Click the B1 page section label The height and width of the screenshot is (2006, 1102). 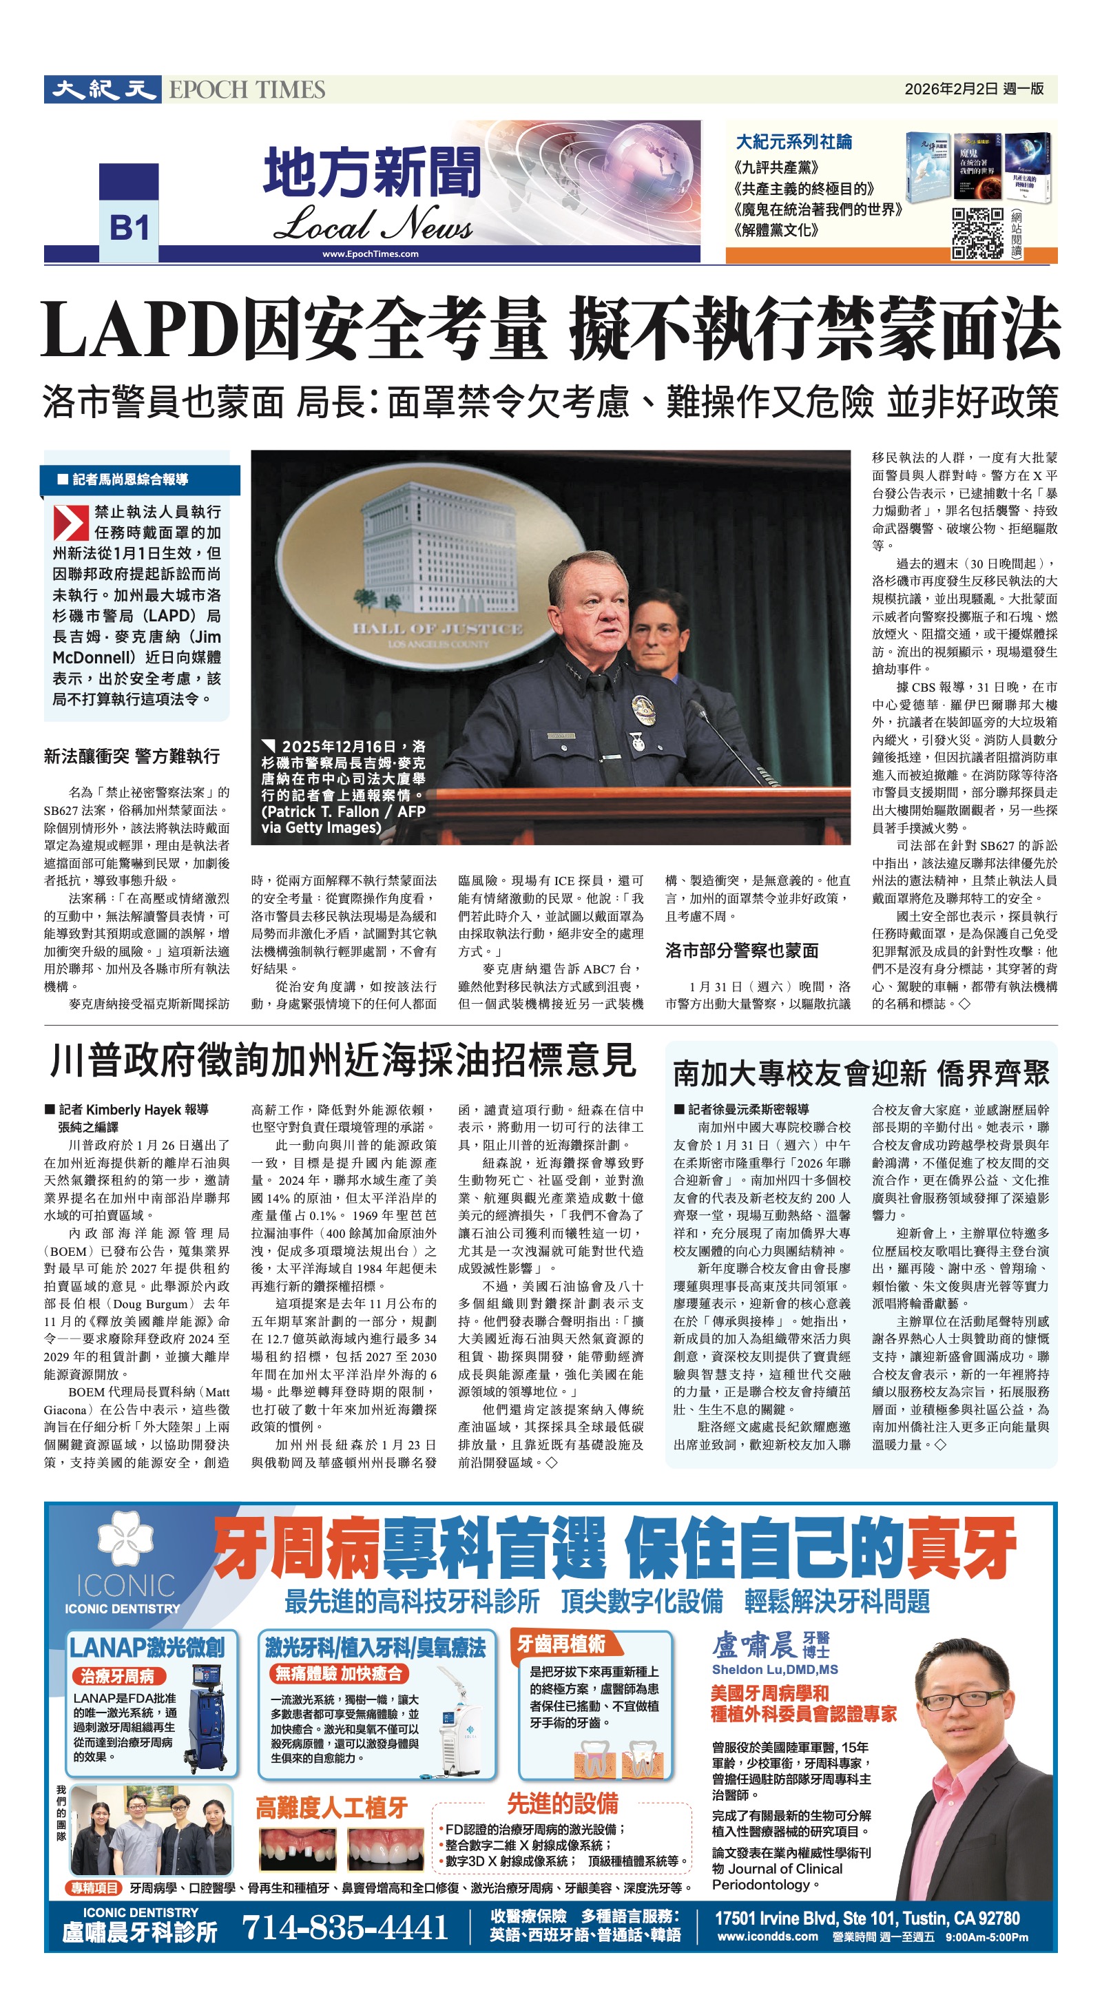pyautogui.click(x=129, y=229)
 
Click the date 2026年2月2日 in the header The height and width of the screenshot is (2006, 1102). pyautogui.click(x=951, y=89)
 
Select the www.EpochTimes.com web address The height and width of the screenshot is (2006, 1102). pyautogui.click(x=370, y=254)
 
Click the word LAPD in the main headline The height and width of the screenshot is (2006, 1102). pyautogui.click(x=141, y=330)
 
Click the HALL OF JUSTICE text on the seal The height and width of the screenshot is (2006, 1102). pyautogui.click(x=437, y=628)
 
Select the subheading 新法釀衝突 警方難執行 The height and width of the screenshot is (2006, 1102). pyautogui.click(x=132, y=756)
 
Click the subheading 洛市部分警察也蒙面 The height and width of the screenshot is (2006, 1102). pyautogui.click(x=741, y=950)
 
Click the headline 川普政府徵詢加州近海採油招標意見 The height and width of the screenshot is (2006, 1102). pyautogui.click(x=343, y=1061)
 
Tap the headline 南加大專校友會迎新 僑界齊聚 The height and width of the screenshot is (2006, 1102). pyautogui.click(x=860, y=1073)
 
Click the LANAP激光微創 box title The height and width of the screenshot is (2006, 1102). pyautogui.click(x=147, y=1646)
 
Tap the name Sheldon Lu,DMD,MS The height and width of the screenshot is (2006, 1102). pyautogui.click(x=774, y=1669)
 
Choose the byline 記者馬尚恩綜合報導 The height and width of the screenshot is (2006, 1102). pyautogui.click(x=130, y=479)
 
